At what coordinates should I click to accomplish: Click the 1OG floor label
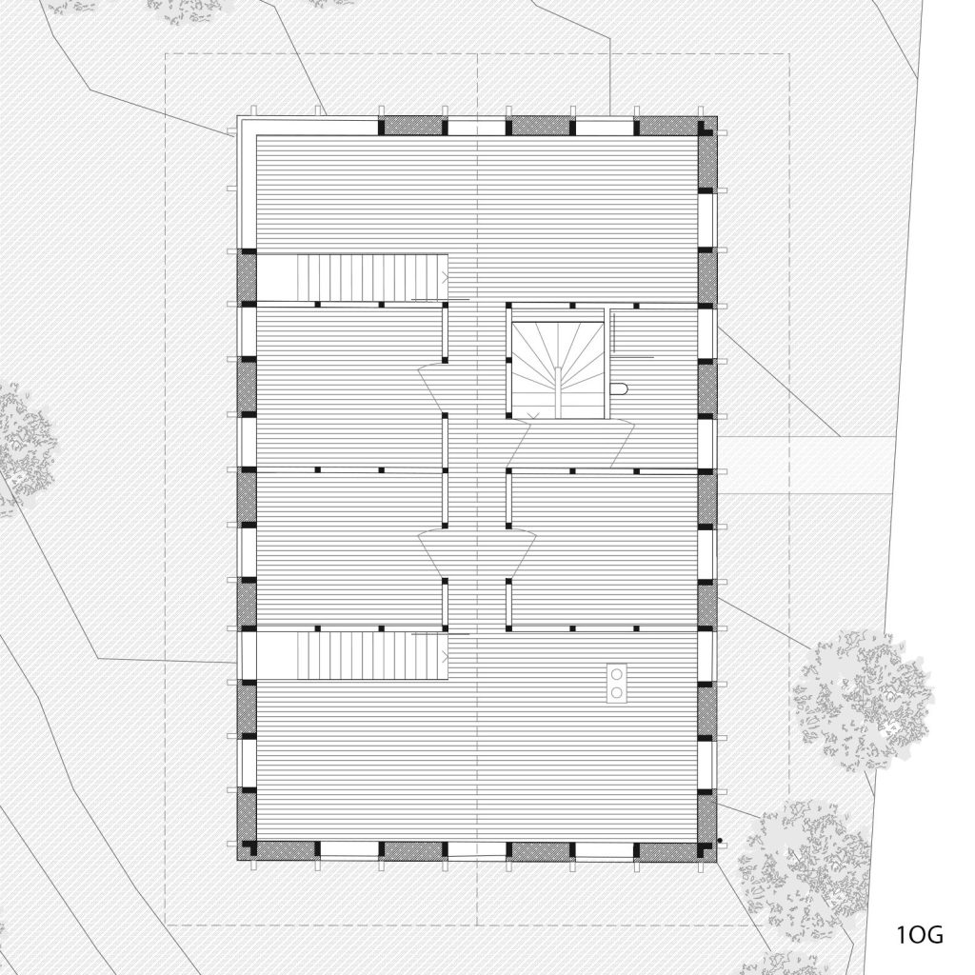(920, 934)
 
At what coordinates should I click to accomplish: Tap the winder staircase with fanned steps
(558, 369)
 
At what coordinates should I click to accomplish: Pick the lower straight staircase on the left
(372, 656)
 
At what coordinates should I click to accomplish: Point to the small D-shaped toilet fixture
(620, 389)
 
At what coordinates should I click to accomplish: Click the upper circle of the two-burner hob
(617, 674)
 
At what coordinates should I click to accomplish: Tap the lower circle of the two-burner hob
(617, 692)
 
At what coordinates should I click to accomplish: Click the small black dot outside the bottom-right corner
(720, 841)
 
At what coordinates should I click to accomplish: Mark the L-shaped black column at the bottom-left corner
(249, 848)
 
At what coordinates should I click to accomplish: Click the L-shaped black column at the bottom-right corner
(707, 849)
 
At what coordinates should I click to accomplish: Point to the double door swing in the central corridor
(477, 551)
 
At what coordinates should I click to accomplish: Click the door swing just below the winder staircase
(570, 443)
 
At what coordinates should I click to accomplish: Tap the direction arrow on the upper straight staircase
(445, 277)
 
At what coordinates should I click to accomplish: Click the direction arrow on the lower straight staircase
(445, 654)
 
